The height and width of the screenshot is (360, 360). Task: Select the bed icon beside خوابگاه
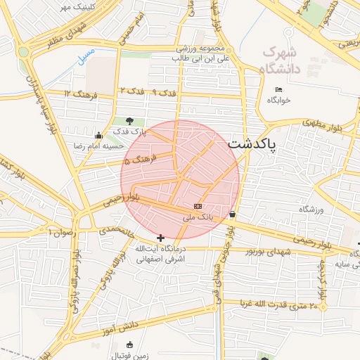pyautogui.click(x=279, y=89)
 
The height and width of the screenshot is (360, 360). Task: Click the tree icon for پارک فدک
pyautogui.click(x=129, y=121)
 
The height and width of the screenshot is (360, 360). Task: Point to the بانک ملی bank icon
pyautogui.click(x=198, y=207)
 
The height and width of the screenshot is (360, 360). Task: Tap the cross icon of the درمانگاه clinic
pyautogui.click(x=161, y=238)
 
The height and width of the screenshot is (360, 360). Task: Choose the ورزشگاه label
pyautogui.click(x=314, y=210)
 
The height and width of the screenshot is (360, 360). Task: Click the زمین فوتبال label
pyautogui.click(x=129, y=356)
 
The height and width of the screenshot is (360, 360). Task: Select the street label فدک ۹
pyautogui.click(x=164, y=92)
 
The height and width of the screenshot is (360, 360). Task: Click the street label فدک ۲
pyautogui.click(x=131, y=91)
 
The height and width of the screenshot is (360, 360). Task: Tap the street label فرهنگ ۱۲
pyautogui.click(x=78, y=94)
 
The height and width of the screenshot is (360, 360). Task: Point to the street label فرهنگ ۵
pyautogui.click(x=136, y=161)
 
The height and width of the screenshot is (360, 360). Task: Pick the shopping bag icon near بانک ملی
pyautogui.click(x=232, y=214)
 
